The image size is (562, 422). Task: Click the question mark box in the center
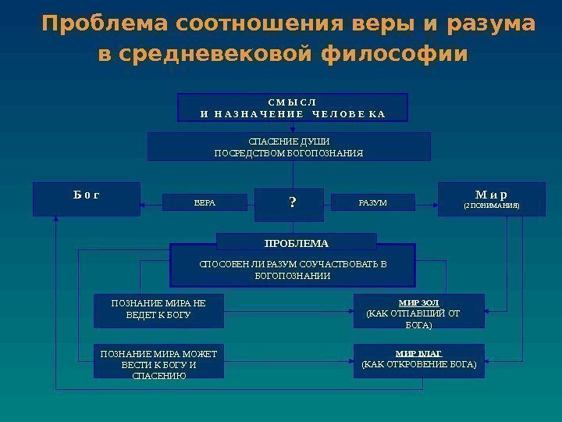293,203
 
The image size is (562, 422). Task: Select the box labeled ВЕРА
204,203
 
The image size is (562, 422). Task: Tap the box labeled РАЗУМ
372,203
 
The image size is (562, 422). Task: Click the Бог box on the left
86,198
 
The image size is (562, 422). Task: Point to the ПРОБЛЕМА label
296,242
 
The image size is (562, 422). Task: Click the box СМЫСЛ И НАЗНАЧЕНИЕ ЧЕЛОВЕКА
293,109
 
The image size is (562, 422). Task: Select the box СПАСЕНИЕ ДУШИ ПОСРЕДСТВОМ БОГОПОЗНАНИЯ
289,146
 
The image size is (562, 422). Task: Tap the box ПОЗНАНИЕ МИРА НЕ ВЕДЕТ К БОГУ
158,310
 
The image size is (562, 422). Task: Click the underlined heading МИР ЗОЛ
418,302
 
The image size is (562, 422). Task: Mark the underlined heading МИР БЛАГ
418,352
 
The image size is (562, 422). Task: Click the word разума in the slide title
492,25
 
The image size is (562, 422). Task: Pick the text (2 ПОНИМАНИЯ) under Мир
491,207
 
